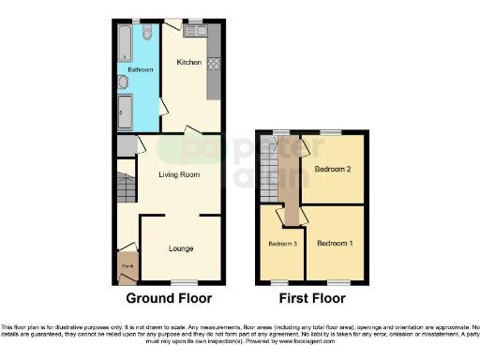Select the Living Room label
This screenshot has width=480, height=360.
177,174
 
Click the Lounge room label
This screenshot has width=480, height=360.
181,248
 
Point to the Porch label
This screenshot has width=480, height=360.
126,265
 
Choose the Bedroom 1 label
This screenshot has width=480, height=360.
335,243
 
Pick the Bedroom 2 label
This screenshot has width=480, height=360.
333,170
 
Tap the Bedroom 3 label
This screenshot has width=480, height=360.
282,244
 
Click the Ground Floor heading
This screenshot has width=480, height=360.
169,298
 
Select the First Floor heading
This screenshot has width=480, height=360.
312,298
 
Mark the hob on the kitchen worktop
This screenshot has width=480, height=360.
213,65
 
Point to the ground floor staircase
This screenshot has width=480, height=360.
125,184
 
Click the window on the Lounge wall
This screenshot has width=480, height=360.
183,281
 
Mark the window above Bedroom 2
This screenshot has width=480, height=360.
330,131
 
